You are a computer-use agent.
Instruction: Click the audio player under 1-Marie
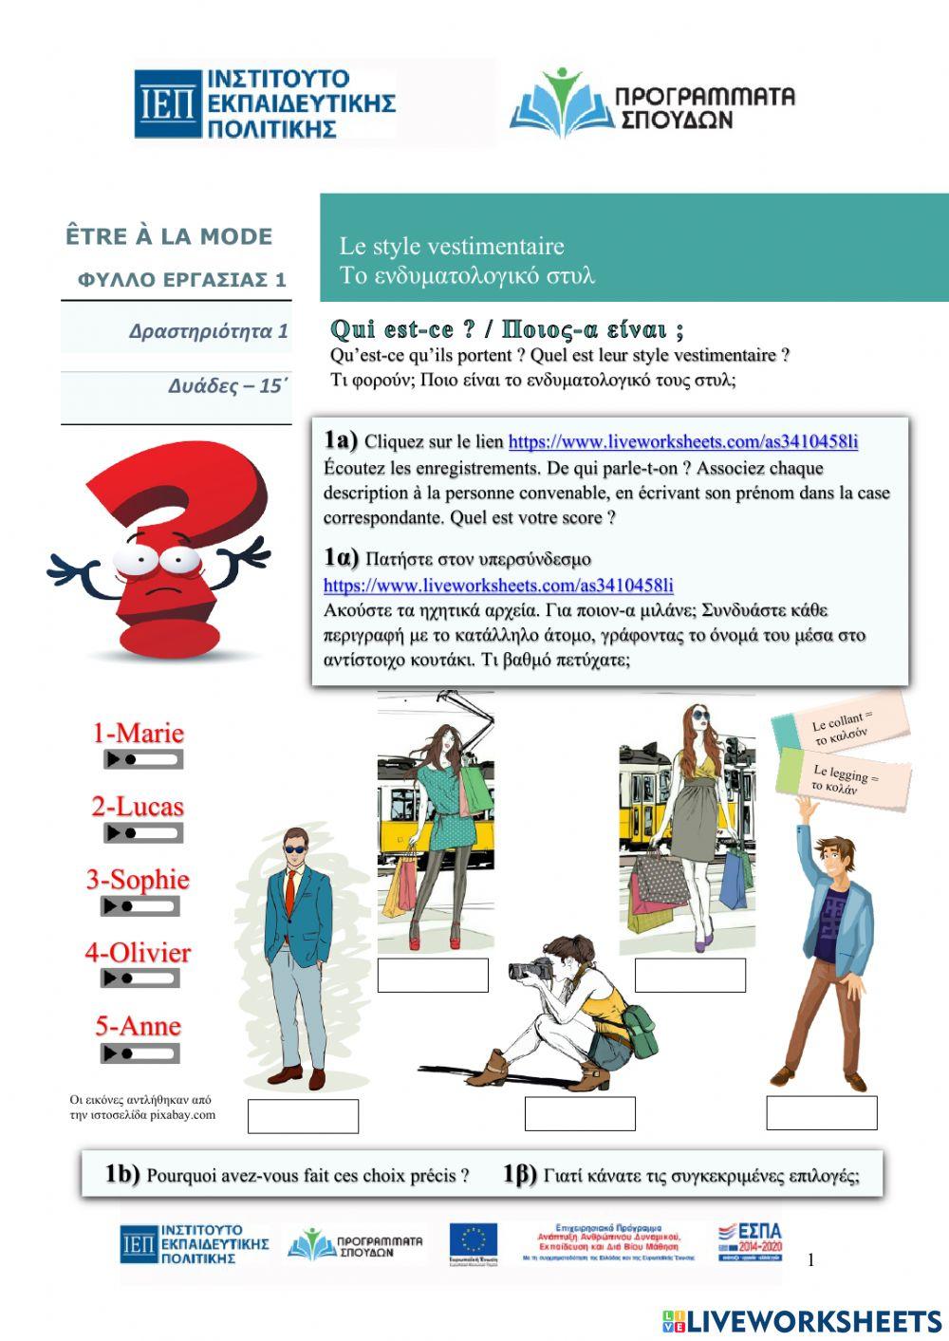pos(143,760)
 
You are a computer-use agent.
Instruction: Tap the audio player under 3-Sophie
pos(140,907)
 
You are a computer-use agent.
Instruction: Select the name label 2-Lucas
pos(138,807)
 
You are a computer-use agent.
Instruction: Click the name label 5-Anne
pos(138,1026)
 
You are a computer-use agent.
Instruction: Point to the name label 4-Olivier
pos(138,953)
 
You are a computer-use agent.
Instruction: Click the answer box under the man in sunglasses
pos(303,1116)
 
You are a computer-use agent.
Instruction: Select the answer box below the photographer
pos(580,1114)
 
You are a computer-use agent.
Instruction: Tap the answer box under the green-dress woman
pos(433,975)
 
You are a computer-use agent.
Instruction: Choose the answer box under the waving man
pos(822,1112)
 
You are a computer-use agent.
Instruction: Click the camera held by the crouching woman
pos(532,970)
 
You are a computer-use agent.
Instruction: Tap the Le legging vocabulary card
pos(844,777)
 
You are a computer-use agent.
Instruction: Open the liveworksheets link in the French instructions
pos(683,441)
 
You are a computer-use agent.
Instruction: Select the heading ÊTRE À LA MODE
pos(169,236)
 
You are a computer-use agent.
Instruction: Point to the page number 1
pos(810,1260)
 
